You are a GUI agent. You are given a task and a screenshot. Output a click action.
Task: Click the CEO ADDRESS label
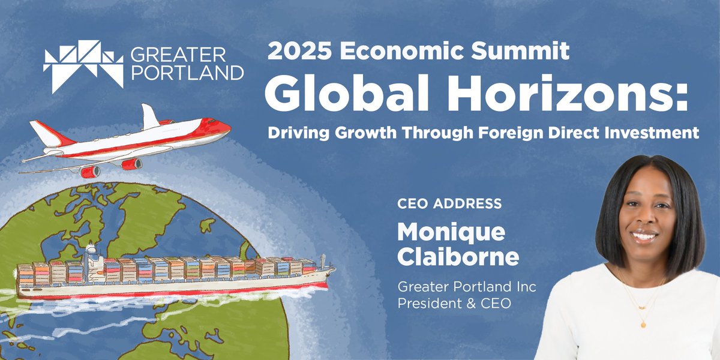pyautogui.click(x=449, y=204)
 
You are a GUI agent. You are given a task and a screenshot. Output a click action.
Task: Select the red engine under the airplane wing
pyautogui.click(x=131, y=163)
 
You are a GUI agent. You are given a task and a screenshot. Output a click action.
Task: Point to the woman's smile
pyautogui.click(x=644, y=236)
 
